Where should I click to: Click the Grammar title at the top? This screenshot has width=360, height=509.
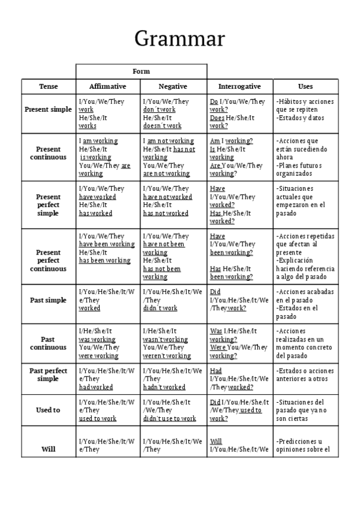coord(179,38)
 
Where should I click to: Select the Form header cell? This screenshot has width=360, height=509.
coord(141,71)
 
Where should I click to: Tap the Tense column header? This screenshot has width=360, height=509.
coord(49,86)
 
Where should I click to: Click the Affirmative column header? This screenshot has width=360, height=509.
coord(108,86)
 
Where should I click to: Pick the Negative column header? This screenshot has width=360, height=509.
coord(173,86)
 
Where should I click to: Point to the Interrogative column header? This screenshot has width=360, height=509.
coord(239,86)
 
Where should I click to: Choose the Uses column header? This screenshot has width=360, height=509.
coord(305,86)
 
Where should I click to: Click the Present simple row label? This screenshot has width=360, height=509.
coord(48,110)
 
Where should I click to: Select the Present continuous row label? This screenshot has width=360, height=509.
coord(48,153)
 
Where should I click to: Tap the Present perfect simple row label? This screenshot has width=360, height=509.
coord(48,205)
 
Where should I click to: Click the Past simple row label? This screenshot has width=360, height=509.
coord(48,300)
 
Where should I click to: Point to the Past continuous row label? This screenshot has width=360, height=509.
coord(48,343)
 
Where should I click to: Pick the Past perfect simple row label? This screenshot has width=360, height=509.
coord(48,375)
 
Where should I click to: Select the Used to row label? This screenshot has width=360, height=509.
coord(48,410)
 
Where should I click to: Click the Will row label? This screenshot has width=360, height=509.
coord(48,449)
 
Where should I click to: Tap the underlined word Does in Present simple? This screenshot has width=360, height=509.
coord(217,118)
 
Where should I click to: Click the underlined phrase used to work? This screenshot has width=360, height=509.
coord(98,418)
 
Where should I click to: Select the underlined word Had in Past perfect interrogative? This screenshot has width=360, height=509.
coord(216,371)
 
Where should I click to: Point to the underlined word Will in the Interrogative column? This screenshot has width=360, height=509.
coord(216,441)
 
